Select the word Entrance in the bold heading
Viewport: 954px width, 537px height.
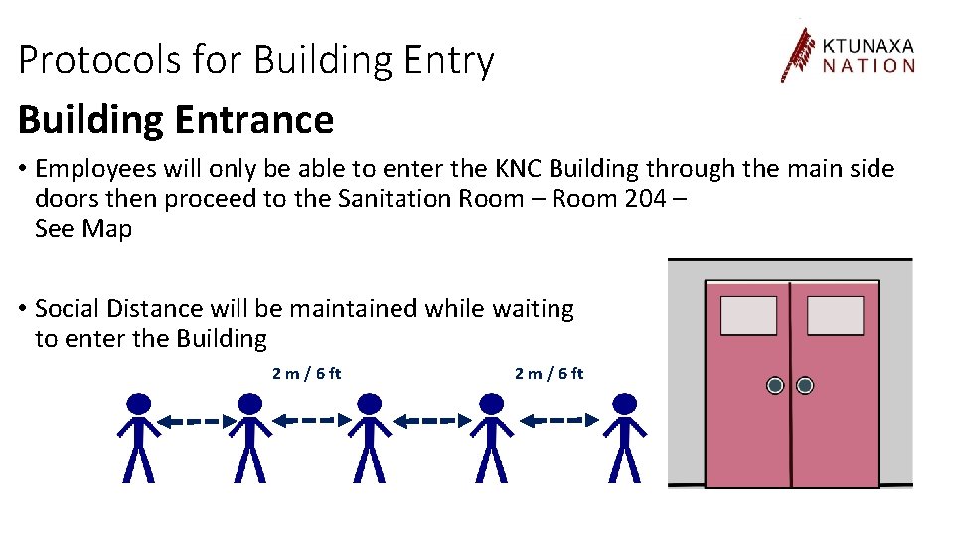click(253, 120)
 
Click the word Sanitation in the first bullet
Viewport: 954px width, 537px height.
click(395, 198)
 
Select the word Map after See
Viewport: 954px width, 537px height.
click(107, 228)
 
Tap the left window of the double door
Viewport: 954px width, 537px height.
click(748, 315)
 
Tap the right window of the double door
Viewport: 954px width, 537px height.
click(835, 315)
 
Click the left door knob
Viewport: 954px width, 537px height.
click(775, 385)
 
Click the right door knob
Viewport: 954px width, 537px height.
click(805, 385)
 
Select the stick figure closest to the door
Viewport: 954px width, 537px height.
click(624, 438)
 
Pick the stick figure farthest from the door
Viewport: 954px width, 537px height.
click(139, 438)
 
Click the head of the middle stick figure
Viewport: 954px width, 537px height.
click(369, 404)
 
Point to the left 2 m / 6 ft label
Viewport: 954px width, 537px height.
click(306, 374)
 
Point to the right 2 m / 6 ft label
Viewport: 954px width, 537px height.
click(549, 374)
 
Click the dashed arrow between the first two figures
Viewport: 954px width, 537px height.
click(195, 422)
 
